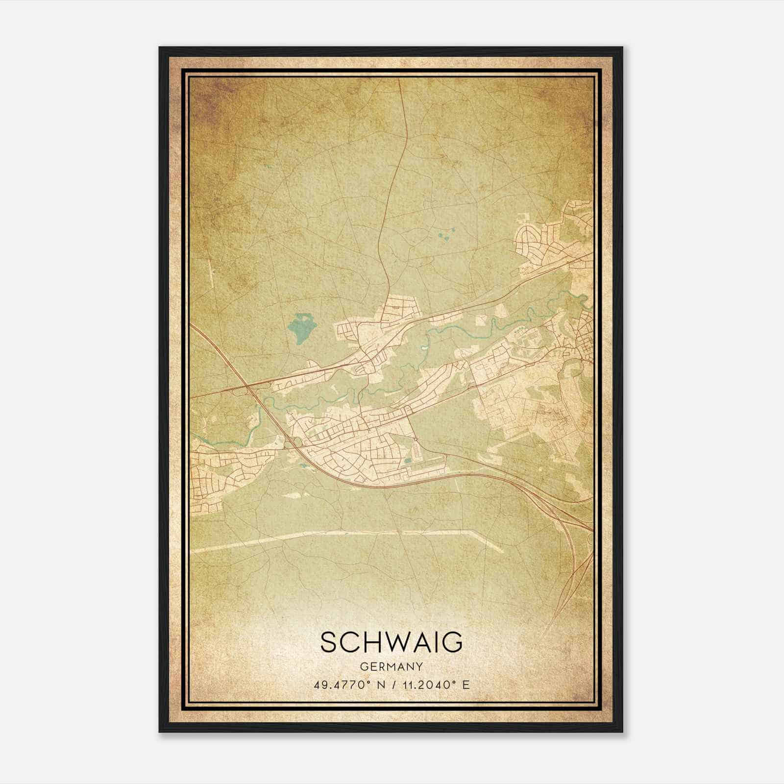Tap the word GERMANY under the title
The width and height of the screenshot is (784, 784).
point(392,666)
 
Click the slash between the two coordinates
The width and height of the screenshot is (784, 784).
point(392,685)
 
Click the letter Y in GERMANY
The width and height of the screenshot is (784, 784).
point(419,666)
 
